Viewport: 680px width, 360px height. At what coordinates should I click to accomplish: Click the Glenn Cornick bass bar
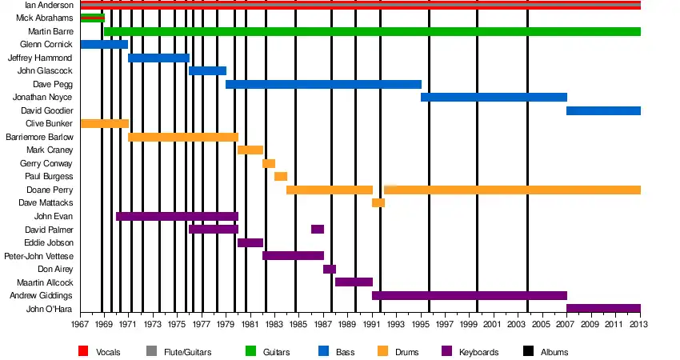click(x=104, y=44)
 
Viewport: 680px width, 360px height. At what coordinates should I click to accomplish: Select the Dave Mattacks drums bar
click(x=378, y=202)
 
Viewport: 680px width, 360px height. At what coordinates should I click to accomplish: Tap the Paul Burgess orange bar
click(x=281, y=176)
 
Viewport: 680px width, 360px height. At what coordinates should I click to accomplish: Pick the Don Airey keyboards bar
click(x=330, y=269)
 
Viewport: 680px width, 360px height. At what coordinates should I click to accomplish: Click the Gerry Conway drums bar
click(x=269, y=163)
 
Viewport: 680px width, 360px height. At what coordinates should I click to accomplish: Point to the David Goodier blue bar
click(x=603, y=110)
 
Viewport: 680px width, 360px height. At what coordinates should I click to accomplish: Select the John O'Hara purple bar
click(x=603, y=308)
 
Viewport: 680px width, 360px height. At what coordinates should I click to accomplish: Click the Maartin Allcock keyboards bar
click(x=354, y=282)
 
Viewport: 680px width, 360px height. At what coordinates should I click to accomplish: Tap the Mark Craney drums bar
click(x=250, y=150)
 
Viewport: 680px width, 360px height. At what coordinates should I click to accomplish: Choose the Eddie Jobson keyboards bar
click(x=250, y=242)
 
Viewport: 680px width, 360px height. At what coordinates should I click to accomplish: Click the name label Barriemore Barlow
click(x=39, y=137)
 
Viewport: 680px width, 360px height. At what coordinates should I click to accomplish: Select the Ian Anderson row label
click(x=50, y=5)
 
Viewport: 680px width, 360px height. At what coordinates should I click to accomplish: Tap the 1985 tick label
click(x=295, y=324)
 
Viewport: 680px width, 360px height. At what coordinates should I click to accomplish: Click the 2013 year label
click(x=640, y=324)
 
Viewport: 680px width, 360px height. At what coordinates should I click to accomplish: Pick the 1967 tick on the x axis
click(x=80, y=324)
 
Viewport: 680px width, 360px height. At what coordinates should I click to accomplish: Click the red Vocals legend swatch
click(x=83, y=351)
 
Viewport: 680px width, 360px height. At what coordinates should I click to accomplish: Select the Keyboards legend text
click(x=480, y=352)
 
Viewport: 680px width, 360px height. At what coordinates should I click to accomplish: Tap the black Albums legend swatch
click(x=527, y=351)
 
